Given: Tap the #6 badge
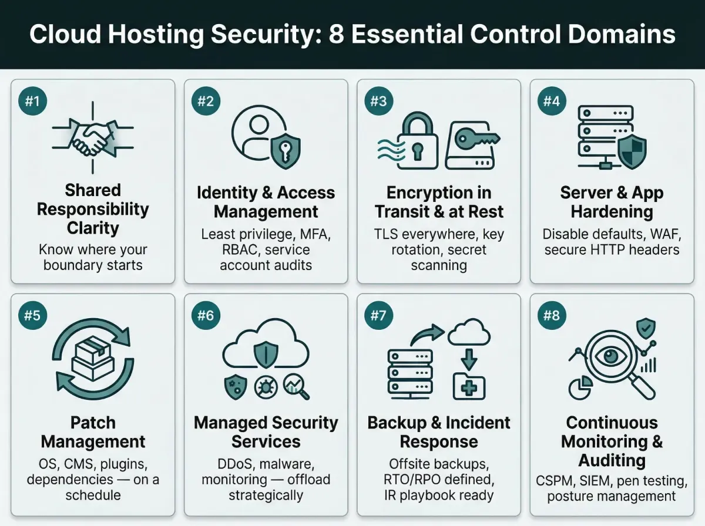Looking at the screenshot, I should (x=205, y=316).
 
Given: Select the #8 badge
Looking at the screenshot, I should (x=551, y=316).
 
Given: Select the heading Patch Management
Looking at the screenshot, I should (x=93, y=432).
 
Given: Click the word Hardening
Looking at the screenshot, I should (x=612, y=211).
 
